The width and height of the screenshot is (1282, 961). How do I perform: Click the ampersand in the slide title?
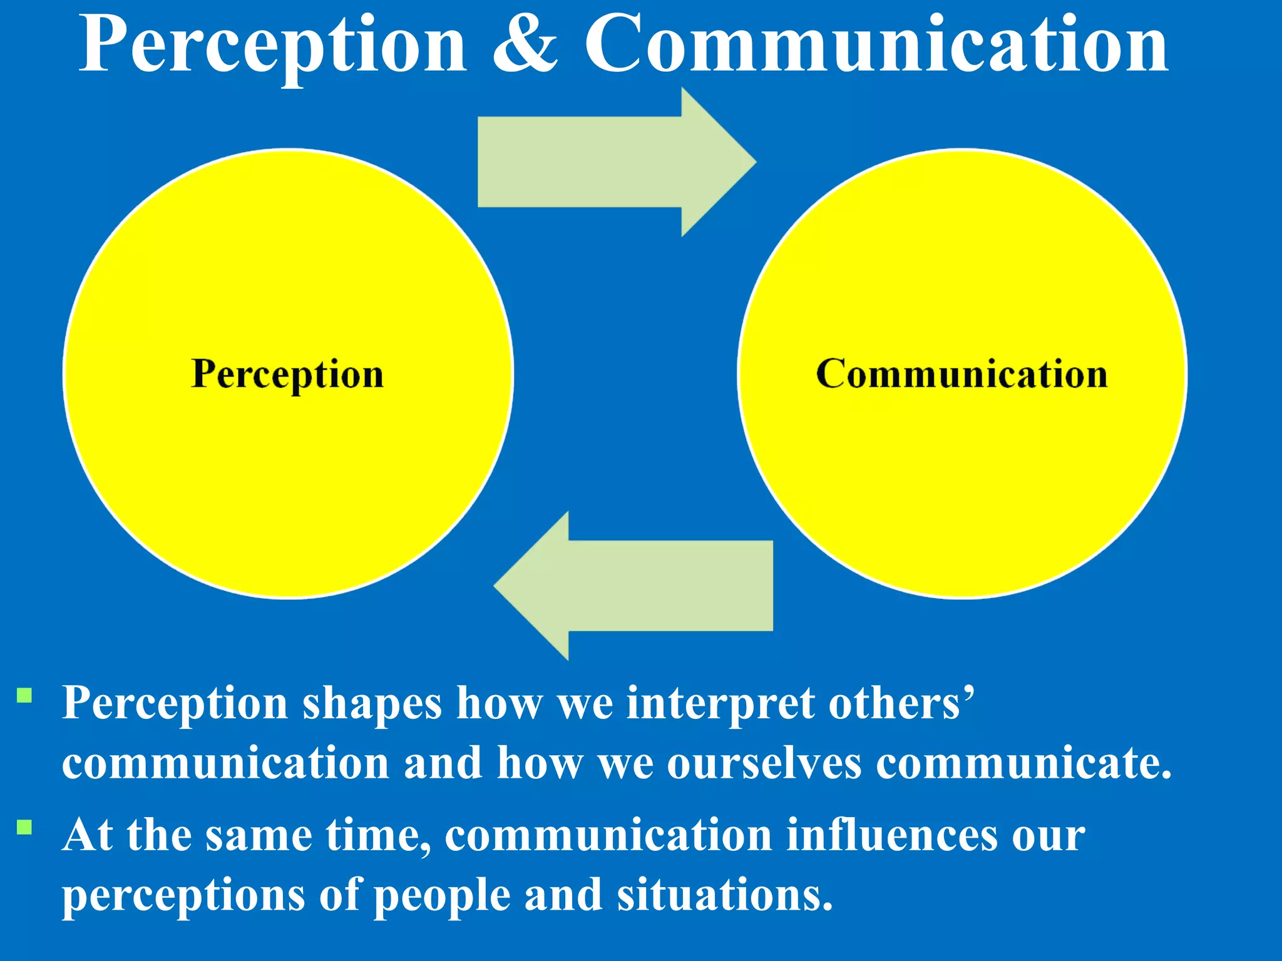point(525,45)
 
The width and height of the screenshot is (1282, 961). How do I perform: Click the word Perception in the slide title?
point(273,45)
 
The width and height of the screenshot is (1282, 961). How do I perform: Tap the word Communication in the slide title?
point(876,45)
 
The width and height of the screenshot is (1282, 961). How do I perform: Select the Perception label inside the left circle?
point(287,374)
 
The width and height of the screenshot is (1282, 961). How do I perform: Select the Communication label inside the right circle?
point(962,374)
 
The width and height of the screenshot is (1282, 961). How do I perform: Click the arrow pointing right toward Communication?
point(617,161)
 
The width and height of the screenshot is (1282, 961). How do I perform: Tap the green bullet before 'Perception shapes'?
point(24,696)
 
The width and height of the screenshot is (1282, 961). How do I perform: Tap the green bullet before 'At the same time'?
point(24,827)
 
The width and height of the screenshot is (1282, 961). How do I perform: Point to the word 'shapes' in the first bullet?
point(372,704)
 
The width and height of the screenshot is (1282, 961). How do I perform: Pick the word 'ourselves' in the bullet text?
point(764,765)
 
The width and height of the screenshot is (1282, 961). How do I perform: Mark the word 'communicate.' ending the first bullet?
point(1023,765)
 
